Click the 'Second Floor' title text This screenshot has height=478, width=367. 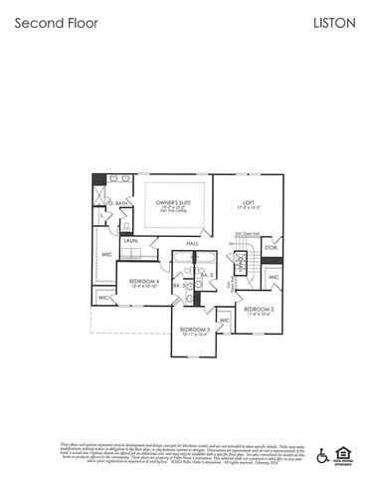coord(56,22)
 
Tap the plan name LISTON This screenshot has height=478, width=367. coord(333,22)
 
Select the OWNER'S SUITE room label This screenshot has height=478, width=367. coord(173,203)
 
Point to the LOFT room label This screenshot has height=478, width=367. coord(249,203)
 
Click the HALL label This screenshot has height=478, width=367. coord(192,242)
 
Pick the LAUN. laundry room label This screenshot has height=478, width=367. coord(130,241)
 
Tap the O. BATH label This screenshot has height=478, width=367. coord(119,203)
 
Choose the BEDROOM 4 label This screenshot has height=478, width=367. coord(144,281)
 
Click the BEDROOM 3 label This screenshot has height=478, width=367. coord(195,329)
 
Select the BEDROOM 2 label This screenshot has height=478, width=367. coord(259,309)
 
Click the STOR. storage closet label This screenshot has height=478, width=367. coord(270,247)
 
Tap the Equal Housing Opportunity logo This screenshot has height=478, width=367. coord(345,454)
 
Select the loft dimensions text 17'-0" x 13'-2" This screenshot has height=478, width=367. coord(249,209)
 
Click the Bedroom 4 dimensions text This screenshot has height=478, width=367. coord(144,287)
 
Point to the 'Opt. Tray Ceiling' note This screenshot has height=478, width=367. coord(173,215)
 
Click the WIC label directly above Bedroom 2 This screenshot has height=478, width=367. coord(274,278)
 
